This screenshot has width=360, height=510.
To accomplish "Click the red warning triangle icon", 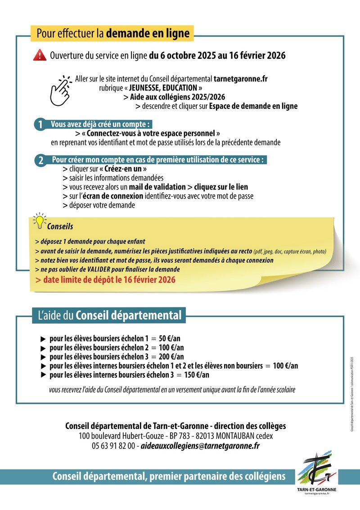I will tap(40, 55).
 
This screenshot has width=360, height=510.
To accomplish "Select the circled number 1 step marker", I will tap(40, 125).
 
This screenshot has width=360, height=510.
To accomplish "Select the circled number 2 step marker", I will tap(40, 161).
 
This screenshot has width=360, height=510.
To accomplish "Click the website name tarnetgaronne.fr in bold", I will tap(241, 78).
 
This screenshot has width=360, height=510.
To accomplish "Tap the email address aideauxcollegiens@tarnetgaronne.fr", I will tap(200, 446).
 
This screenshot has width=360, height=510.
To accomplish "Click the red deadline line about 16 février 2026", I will tap(106, 280).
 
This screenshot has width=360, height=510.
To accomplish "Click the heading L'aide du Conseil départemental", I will tap(108, 316).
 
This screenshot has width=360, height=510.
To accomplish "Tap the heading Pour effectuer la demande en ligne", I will tap(113, 33).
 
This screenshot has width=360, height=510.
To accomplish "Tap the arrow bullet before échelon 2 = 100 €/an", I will tap(43, 348).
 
